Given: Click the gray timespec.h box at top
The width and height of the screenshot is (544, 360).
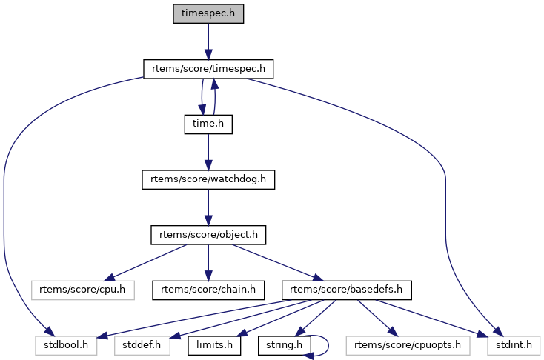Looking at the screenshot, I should [208, 13].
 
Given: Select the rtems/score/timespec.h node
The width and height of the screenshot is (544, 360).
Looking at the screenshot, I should [208, 69].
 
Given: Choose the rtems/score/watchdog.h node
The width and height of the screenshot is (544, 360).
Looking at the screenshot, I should [208, 180].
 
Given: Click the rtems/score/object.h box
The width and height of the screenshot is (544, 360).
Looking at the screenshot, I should [208, 236].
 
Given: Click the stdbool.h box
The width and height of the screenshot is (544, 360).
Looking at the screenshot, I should [65, 345].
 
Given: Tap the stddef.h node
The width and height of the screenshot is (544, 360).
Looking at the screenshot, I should [141, 345].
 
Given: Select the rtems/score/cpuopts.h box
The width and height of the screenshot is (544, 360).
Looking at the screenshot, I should [405, 345].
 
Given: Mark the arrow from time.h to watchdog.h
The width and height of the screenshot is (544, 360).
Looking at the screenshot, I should [208, 152].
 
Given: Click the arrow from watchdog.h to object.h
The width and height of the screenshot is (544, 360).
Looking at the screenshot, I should [208, 207].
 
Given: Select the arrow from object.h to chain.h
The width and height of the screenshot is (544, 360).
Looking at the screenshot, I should [208, 263].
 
